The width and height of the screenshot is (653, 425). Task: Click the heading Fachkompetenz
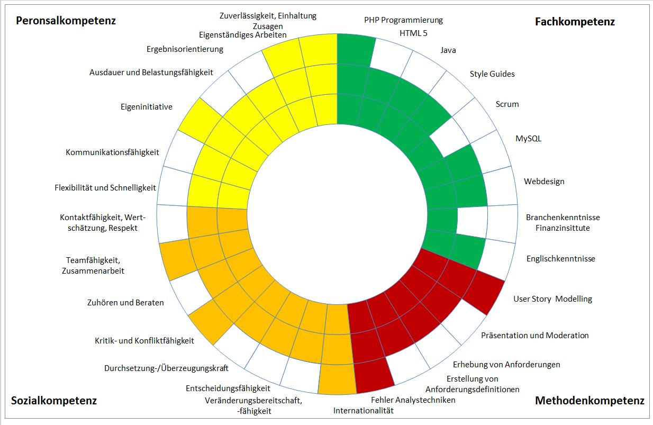[x=575, y=22]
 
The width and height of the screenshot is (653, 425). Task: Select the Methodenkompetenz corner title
[x=589, y=401]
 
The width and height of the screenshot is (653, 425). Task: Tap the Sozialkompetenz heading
[x=54, y=401]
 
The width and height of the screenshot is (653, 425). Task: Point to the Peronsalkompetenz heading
[x=66, y=21]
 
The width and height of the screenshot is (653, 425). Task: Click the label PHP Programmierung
[x=403, y=20]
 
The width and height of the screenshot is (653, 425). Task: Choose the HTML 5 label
[x=413, y=33]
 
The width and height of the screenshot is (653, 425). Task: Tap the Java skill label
[x=448, y=50]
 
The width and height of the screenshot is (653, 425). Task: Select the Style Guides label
[x=492, y=74]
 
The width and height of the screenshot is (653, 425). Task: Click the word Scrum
[x=507, y=104]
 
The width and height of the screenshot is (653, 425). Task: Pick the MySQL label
[x=528, y=139]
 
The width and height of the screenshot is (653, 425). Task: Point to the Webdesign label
[x=544, y=181]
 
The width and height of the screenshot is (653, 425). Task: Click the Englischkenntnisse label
[x=560, y=258]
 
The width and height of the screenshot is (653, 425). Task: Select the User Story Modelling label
[x=552, y=299]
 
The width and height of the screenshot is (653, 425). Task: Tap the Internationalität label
[x=364, y=410]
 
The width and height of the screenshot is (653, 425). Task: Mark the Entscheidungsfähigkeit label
[x=224, y=388]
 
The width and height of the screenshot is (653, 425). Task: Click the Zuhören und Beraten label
[x=125, y=303]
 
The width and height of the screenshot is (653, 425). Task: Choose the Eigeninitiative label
[x=147, y=107]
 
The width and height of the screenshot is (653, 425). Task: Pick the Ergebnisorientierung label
[x=185, y=49]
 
